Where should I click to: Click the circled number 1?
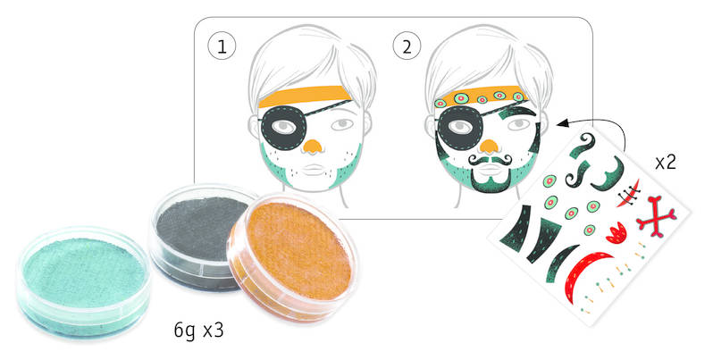pos(222,46)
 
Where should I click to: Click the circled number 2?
pos(407,46)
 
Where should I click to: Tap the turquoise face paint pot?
pos(84,281)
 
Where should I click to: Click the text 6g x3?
pos(198,331)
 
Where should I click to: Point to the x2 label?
pos(666,162)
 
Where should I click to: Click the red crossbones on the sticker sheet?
pos(656,217)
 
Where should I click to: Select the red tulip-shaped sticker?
pos(616,232)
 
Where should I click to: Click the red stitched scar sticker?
pos(629,195)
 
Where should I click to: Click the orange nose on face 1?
pos(313,146)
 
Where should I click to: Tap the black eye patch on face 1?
pos(282,127)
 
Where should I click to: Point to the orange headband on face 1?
pos(305,96)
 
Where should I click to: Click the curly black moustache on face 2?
pos(491,160)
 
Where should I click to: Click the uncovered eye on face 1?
pos(342,124)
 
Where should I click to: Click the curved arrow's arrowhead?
pos(562,122)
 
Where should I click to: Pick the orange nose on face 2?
pos(489,146)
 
